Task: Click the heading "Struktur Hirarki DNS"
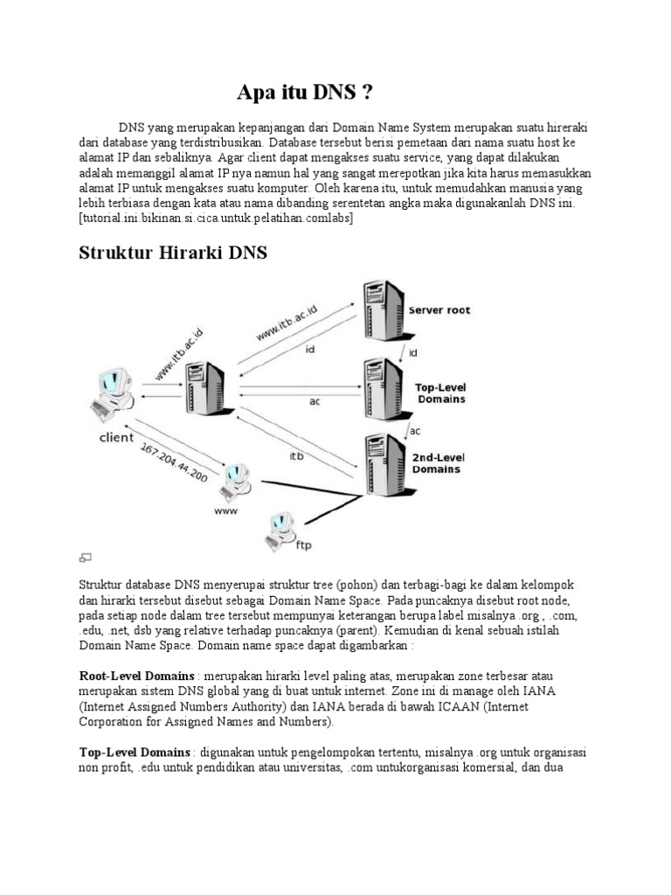coord(173,253)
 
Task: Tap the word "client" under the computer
coord(115,437)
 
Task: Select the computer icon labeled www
coord(233,478)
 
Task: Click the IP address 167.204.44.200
coord(174,461)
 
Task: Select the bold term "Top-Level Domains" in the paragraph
coord(135,752)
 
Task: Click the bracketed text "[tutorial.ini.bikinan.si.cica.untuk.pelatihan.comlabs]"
coord(216,219)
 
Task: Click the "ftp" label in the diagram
coord(304,545)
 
